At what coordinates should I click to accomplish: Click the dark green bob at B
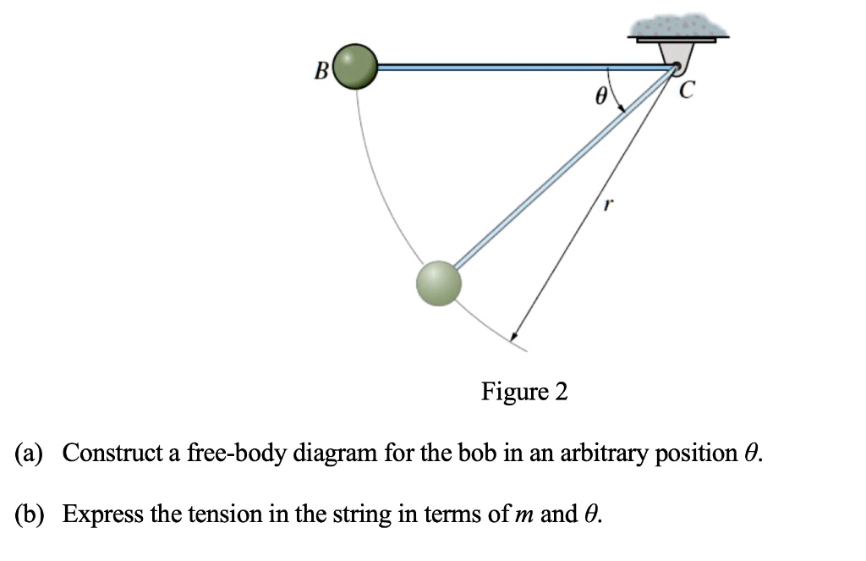(x=355, y=66)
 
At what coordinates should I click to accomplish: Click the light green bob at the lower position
(x=439, y=282)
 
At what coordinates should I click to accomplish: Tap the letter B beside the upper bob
(x=321, y=71)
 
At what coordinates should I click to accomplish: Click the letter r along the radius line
(x=606, y=204)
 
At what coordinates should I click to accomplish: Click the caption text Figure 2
(x=524, y=392)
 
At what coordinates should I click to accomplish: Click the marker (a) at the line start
(x=35, y=454)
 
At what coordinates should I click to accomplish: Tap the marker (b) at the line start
(x=36, y=514)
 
